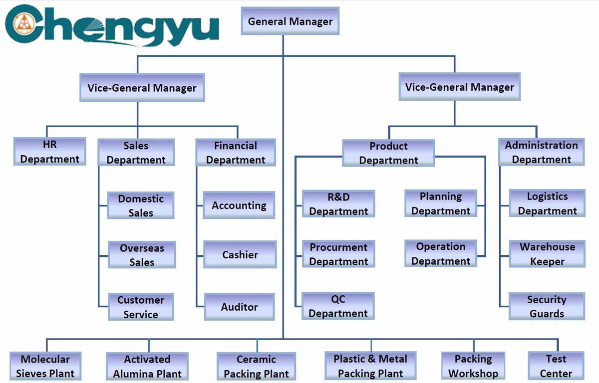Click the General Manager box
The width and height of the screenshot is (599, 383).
(x=290, y=21)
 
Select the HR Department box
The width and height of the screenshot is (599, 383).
(x=50, y=152)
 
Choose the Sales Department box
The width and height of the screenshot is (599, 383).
(x=136, y=153)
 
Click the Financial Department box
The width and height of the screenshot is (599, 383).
(x=236, y=153)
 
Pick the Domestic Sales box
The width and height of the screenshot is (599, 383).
(x=141, y=205)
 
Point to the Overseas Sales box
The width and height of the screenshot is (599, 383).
(x=142, y=255)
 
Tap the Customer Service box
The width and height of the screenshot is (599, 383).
(x=141, y=307)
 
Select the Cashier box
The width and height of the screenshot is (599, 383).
(x=240, y=255)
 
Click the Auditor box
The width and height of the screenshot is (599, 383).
(x=240, y=307)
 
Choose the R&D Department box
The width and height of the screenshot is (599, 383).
(x=338, y=204)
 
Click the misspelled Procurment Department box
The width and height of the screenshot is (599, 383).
(x=338, y=254)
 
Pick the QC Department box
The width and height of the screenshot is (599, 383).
(x=338, y=306)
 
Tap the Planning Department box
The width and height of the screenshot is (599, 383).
(x=441, y=203)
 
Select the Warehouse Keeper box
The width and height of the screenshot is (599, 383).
(x=547, y=254)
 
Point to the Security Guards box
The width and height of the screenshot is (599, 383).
(x=547, y=307)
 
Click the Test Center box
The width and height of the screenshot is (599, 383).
(x=556, y=366)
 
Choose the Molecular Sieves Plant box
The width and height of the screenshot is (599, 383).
(x=45, y=366)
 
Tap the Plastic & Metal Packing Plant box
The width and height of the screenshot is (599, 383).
(x=370, y=366)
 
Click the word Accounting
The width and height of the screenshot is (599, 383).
(x=239, y=205)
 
